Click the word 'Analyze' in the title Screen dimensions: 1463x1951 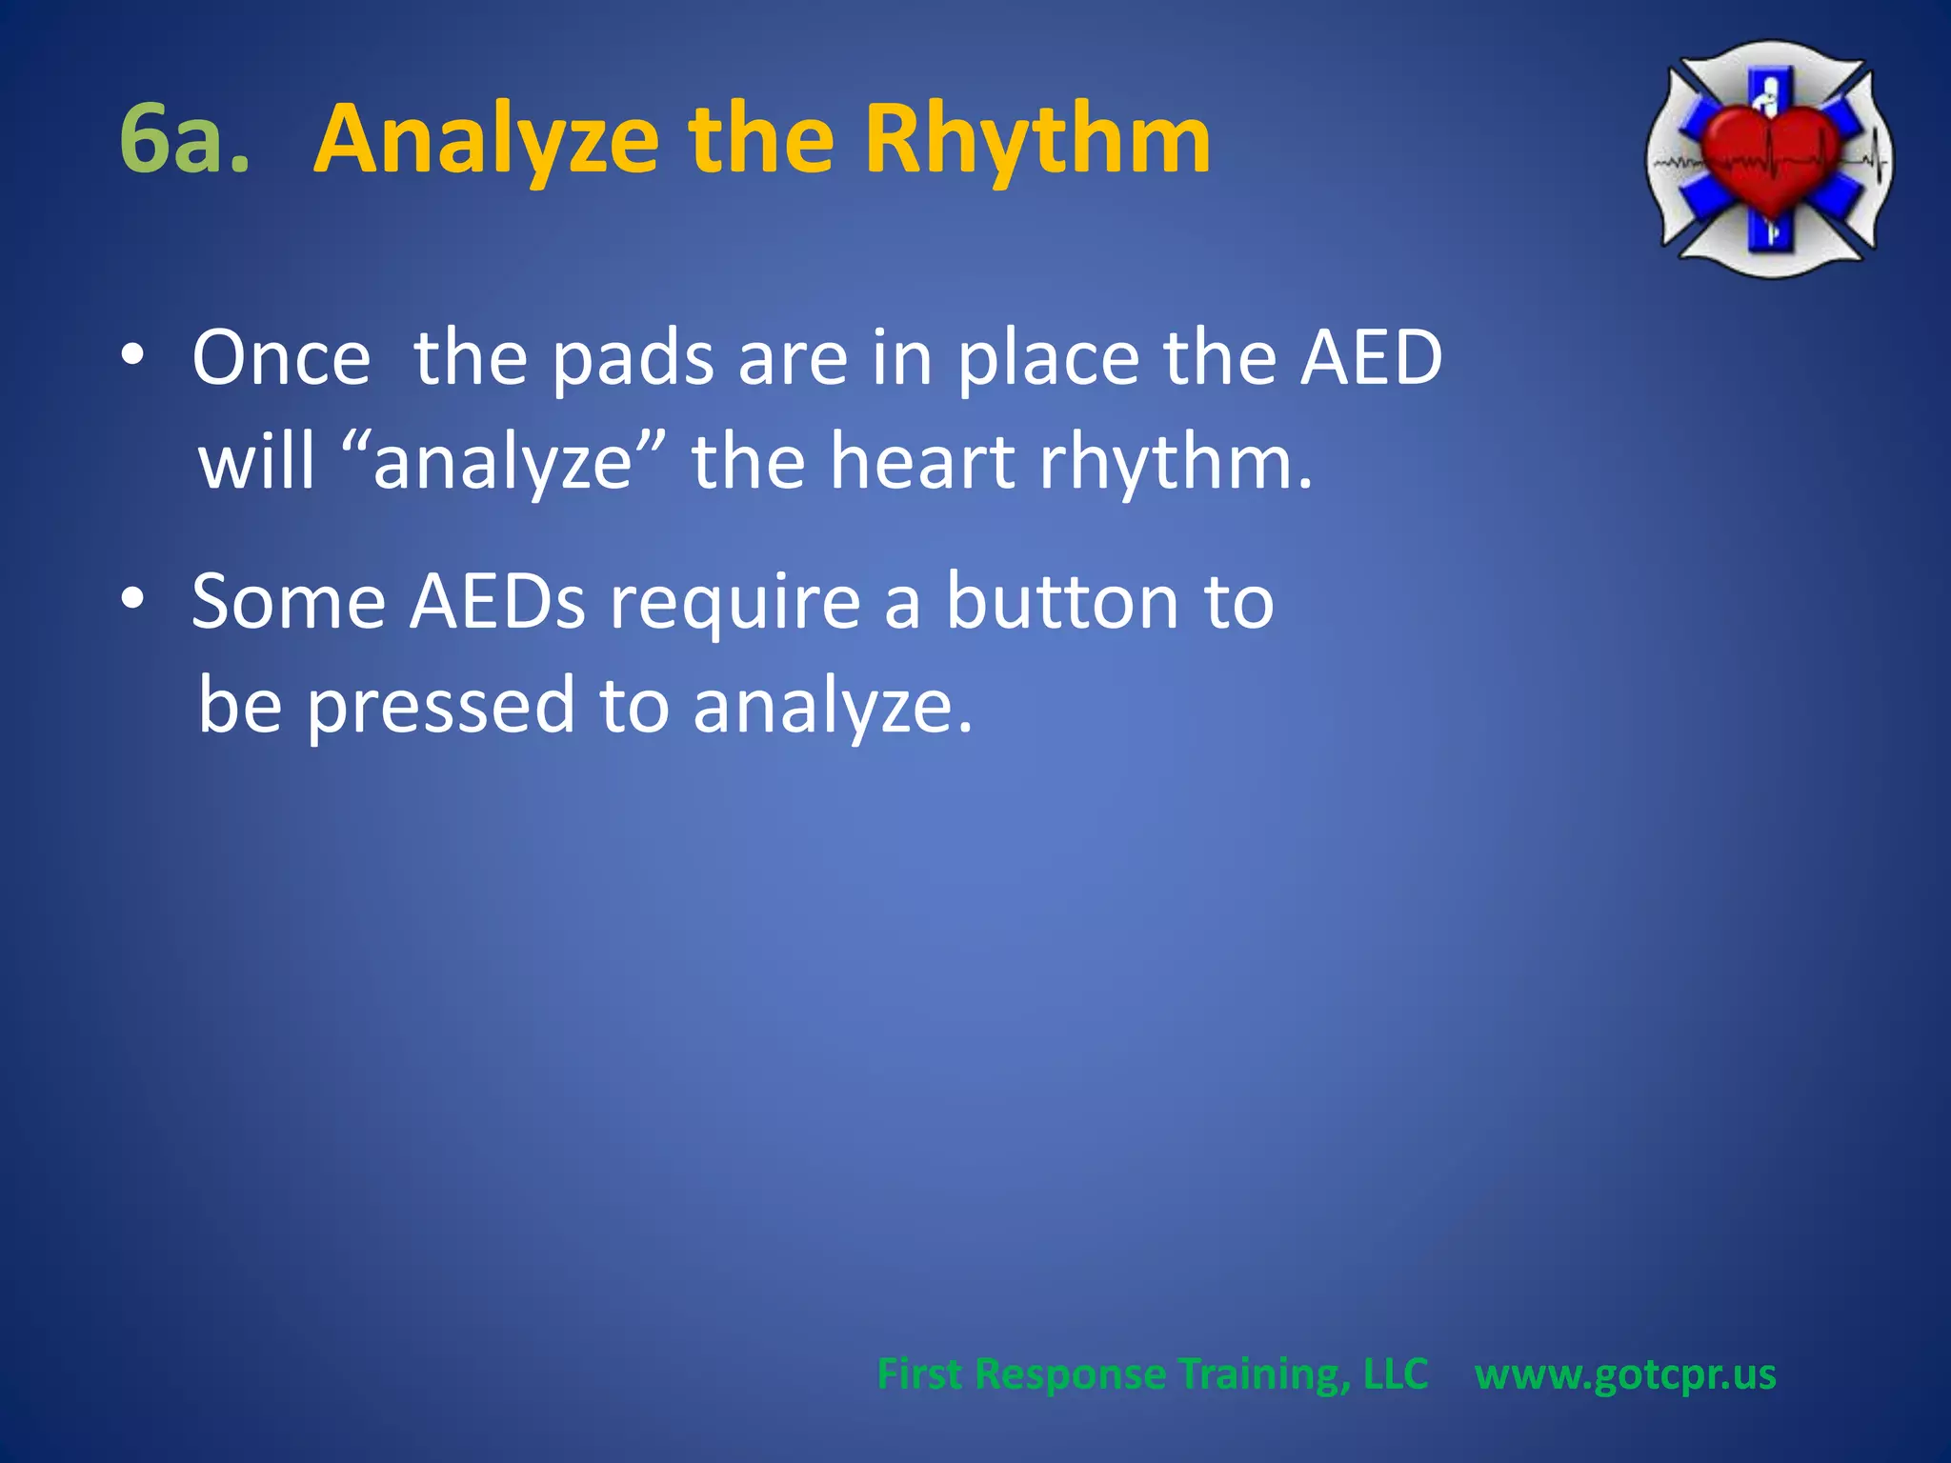point(486,141)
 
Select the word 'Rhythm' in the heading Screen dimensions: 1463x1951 point(1037,141)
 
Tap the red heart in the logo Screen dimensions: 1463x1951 point(1770,157)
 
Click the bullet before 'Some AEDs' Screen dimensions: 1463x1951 point(132,600)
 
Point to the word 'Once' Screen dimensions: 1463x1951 point(281,358)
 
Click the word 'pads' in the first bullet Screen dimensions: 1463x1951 point(633,360)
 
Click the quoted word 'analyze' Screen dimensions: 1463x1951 point(503,463)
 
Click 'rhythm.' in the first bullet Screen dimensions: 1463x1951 point(1176,463)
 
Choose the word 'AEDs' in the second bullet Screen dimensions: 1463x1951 point(497,602)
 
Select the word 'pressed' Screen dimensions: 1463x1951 point(441,707)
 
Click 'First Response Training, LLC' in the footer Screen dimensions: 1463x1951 point(1152,1374)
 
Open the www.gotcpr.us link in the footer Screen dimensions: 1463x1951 point(1625,1374)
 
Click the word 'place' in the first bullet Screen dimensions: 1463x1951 point(1049,360)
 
